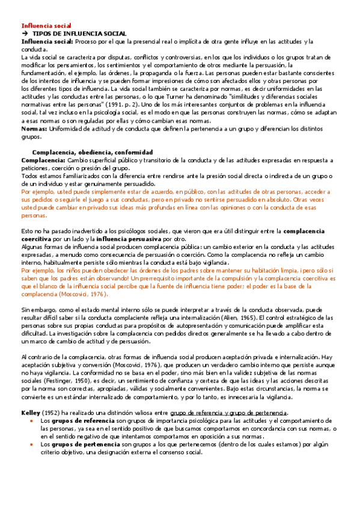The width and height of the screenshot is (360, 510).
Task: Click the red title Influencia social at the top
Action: (46, 26)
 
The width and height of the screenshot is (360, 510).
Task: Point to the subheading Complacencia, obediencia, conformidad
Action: (92, 152)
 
